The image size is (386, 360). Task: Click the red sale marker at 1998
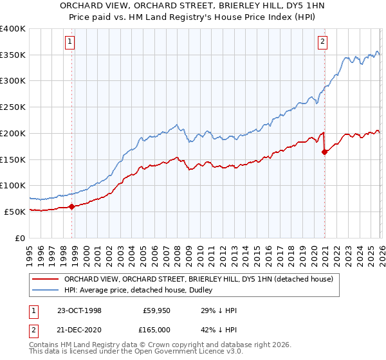[72, 206]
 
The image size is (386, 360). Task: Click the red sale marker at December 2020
[324, 152]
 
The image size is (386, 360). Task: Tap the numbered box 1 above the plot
[69, 42]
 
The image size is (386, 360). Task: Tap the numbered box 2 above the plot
[322, 42]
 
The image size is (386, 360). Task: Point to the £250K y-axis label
[13, 107]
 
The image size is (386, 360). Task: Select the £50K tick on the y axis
[15, 212]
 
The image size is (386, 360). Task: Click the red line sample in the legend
[45, 280]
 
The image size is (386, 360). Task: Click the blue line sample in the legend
[45, 291]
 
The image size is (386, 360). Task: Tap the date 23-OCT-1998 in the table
[79, 310]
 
